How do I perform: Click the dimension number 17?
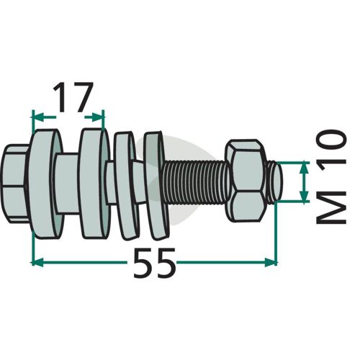click(x=73, y=97)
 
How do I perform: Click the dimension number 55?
click(x=153, y=263)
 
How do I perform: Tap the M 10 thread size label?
click(x=331, y=177)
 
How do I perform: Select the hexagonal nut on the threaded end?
click(x=246, y=181)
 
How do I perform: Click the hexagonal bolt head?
click(x=17, y=184)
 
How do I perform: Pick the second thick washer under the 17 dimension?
click(x=95, y=184)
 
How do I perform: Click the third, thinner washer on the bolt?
click(x=126, y=186)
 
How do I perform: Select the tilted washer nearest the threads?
click(x=156, y=185)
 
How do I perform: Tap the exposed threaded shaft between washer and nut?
click(x=197, y=182)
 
